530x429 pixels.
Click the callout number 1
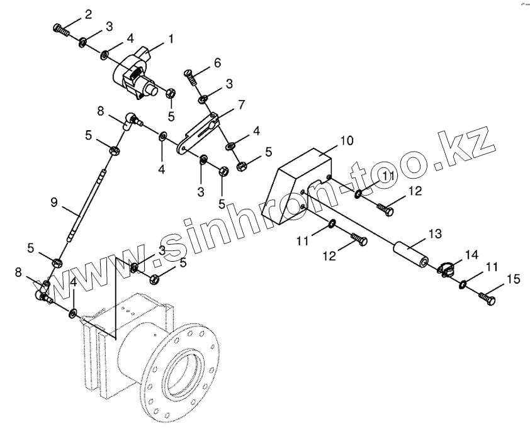pos(169,39)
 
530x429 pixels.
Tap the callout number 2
pos(88,14)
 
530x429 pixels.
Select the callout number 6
pos(217,62)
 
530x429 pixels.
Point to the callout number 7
pos(241,104)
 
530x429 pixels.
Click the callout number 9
pos(54,202)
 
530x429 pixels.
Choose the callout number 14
pos(471,254)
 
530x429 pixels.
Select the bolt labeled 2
pos(60,29)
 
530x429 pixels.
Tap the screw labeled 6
pos(192,79)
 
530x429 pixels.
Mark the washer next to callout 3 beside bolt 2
pos(82,43)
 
